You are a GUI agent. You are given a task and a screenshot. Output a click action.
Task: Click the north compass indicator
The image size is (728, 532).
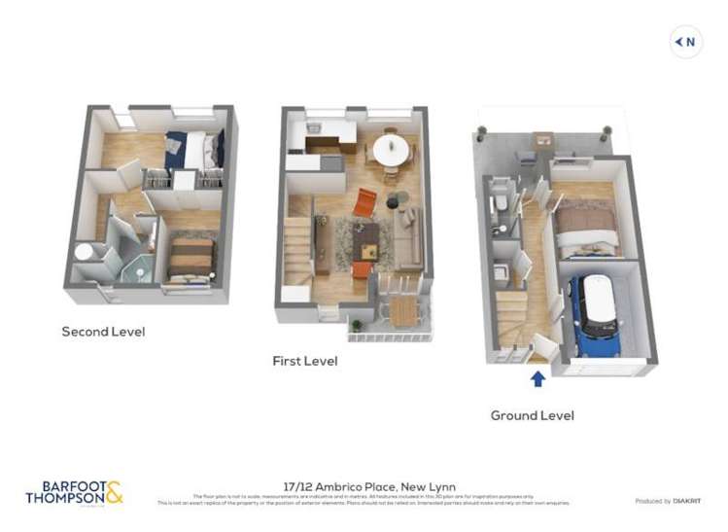tap(686, 42)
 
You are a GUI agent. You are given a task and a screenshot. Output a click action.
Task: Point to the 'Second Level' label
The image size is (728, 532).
tap(103, 332)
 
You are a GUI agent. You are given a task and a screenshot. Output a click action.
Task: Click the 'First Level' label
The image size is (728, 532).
tap(304, 361)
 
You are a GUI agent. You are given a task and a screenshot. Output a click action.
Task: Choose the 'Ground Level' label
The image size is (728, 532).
tap(532, 415)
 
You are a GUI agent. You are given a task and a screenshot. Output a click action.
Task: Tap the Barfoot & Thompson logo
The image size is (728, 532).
tap(75, 492)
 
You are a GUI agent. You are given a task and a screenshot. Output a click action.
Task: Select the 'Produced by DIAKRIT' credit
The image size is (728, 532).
tap(668, 501)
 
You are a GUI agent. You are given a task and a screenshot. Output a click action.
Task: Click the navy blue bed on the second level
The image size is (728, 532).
tap(193, 150)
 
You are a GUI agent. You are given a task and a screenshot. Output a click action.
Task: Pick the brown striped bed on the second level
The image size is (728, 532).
tap(191, 260)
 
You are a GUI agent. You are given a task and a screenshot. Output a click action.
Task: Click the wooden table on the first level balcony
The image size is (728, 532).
tap(401, 310)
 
